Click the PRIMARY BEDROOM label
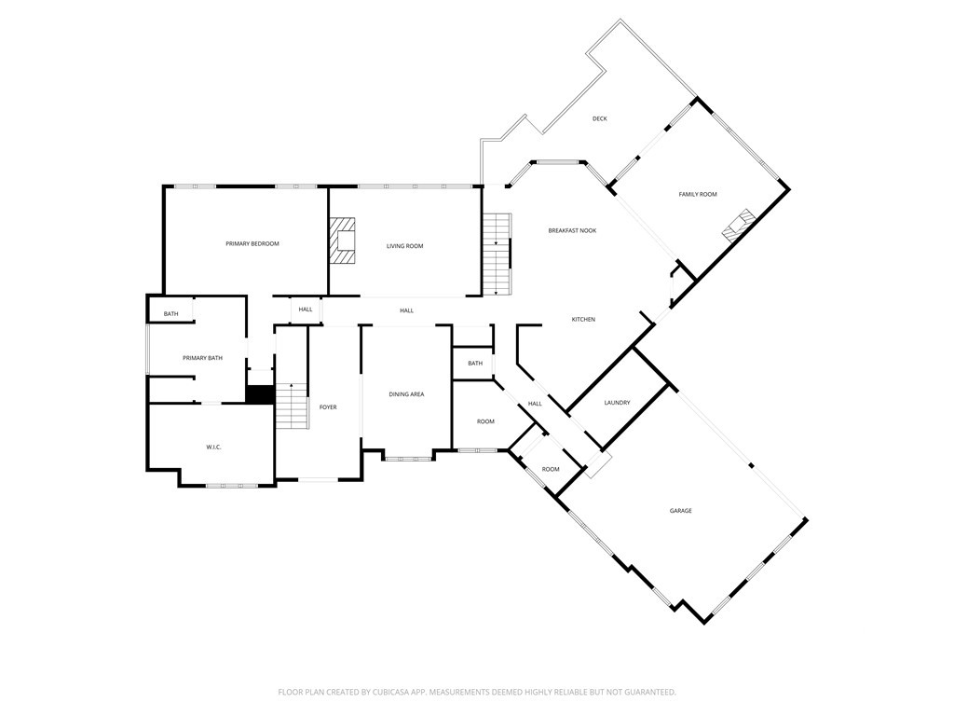[252, 244]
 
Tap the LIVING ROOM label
[405, 246]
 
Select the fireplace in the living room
[343, 241]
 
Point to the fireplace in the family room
[739, 225]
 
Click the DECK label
[600, 119]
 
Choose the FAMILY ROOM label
[697, 194]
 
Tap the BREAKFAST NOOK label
[572, 230]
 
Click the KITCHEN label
[583, 320]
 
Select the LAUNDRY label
[617, 403]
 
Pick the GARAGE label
[680, 511]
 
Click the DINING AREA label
[406, 394]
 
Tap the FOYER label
[328, 407]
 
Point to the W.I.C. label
[213, 447]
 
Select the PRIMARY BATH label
[202, 358]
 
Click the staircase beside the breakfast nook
[497, 254]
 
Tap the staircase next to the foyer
[293, 406]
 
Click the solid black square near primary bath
[260, 394]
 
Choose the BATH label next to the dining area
[475, 364]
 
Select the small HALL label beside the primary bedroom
[306, 310]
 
